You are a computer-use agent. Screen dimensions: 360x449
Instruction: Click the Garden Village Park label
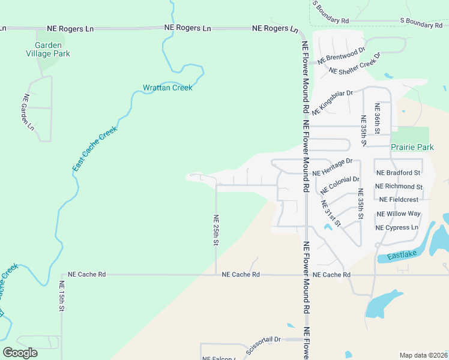[x=52, y=49]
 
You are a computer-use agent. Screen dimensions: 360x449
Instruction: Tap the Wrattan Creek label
[x=167, y=88]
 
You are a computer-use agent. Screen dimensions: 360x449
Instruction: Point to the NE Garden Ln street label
[x=28, y=112]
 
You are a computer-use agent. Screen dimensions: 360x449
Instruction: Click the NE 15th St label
[x=62, y=296]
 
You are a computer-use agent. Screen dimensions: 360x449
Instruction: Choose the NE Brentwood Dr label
[x=342, y=55]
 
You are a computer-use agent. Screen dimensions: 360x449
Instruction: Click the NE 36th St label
[x=378, y=118]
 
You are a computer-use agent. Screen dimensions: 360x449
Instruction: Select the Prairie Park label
[x=412, y=146]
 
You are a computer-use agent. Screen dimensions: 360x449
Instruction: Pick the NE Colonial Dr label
[x=340, y=187]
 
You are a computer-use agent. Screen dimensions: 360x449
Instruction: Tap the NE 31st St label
[x=330, y=214]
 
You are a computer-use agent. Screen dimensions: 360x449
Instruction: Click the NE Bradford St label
[x=399, y=172]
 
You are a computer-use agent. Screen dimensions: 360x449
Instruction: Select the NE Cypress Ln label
[x=396, y=227]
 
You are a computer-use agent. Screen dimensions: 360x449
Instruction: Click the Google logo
[x=20, y=352]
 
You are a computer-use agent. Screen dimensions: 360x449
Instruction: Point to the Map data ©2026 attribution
[x=423, y=355]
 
